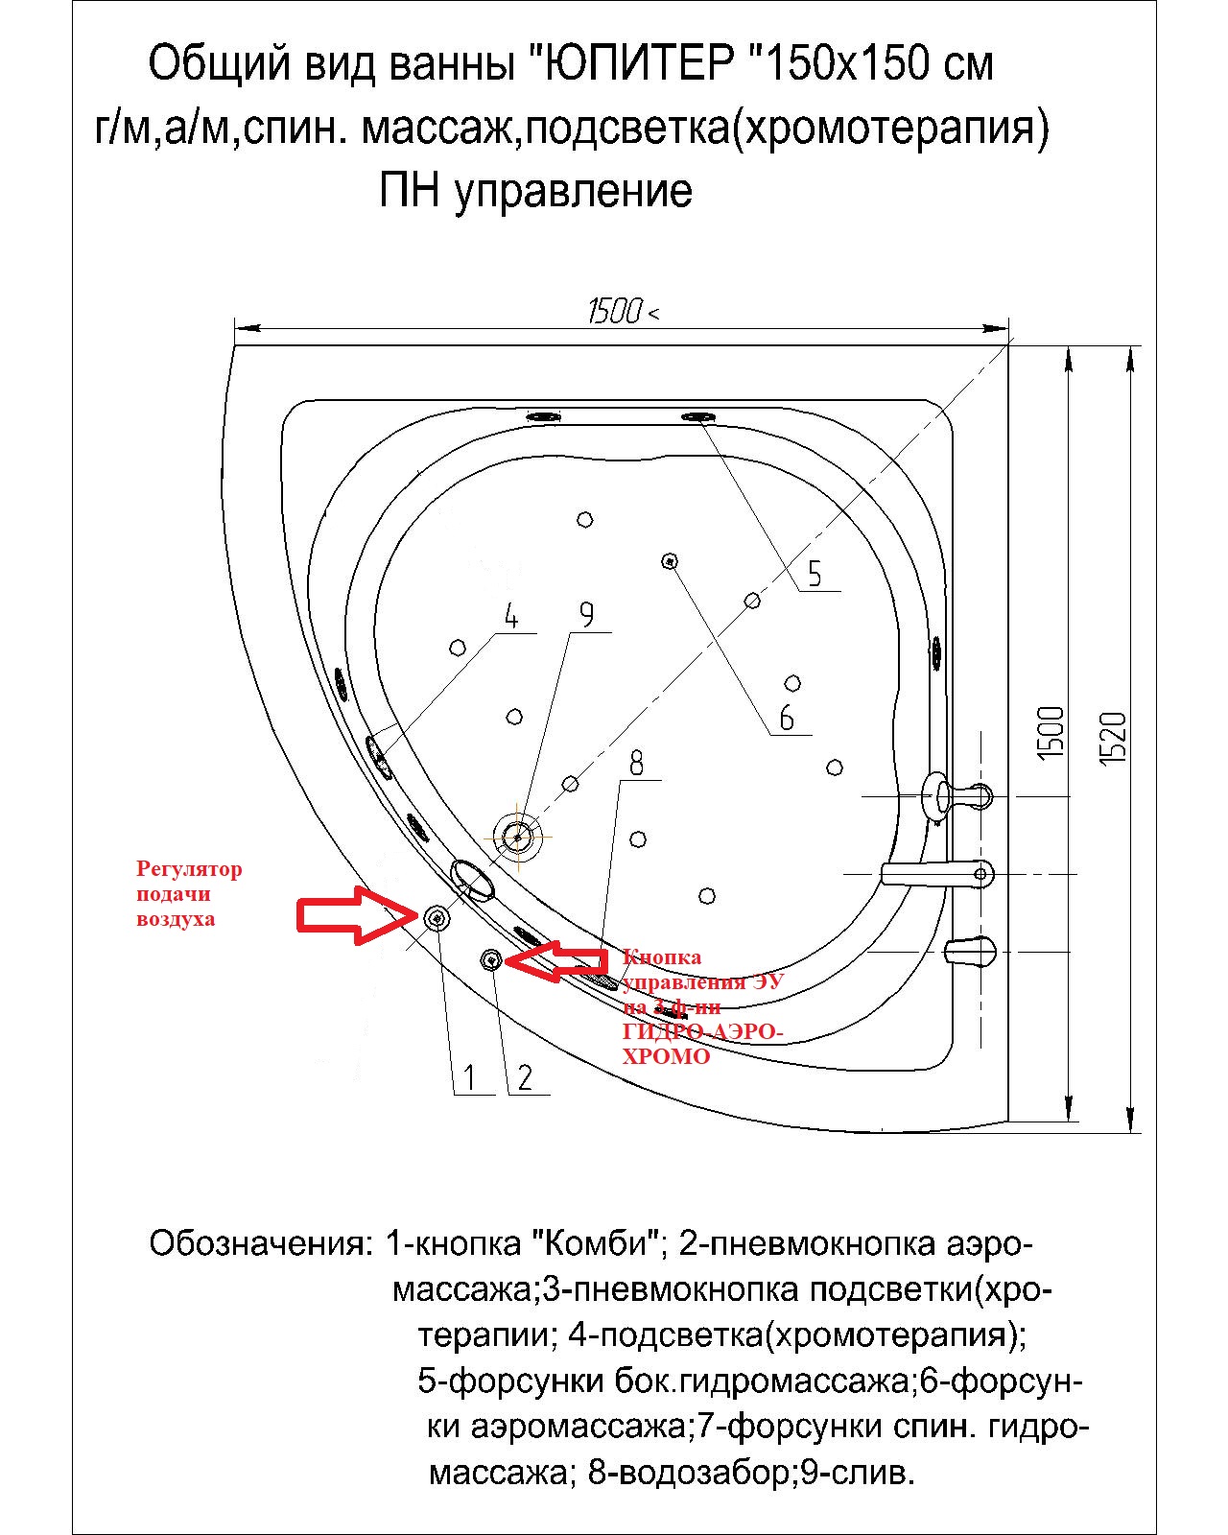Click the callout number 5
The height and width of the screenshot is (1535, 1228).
click(815, 574)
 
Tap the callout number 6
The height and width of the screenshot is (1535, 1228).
click(787, 717)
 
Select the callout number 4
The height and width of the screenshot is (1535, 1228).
click(511, 617)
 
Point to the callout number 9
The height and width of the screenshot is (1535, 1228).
click(586, 614)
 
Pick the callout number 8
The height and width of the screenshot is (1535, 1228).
click(635, 763)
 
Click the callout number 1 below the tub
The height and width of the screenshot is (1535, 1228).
click(469, 1077)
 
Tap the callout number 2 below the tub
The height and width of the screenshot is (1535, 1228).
click(525, 1077)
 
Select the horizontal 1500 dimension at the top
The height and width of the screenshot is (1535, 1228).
click(615, 311)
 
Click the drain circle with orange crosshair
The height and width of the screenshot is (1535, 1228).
click(518, 837)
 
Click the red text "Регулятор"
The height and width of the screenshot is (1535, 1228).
click(189, 869)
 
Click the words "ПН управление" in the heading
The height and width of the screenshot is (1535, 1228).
click(535, 191)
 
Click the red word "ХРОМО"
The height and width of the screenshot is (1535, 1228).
click(666, 1056)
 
